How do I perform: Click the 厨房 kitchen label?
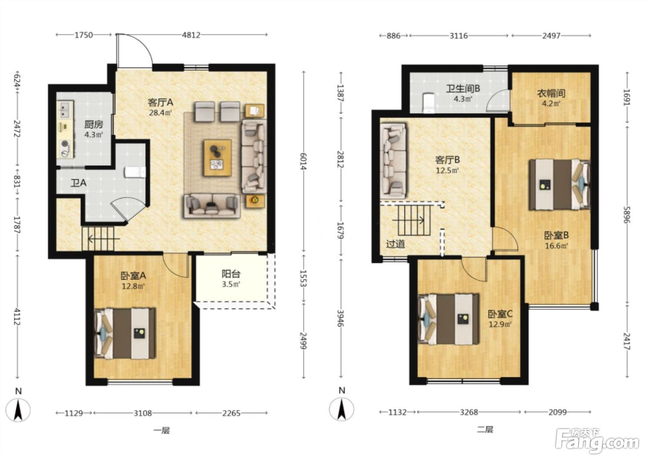coord(93,125)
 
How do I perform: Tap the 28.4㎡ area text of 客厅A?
coord(160,113)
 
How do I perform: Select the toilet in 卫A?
coord(135,172)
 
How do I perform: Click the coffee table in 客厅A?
coord(218,157)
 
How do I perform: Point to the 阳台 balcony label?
coord(231,273)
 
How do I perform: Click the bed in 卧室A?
coord(125,333)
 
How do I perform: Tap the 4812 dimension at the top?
coord(191,35)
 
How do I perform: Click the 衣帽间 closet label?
coord(551,93)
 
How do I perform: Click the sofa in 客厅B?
coord(393,159)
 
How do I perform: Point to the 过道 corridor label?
coord(396,244)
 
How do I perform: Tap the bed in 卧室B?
coord(559,184)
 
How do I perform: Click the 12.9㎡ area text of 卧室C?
coord(500,324)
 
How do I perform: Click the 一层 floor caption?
coord(161,431)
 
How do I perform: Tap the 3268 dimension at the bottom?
coord(469,412)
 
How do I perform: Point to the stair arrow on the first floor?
coord(104,239)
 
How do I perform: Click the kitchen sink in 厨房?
coord(66,109)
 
